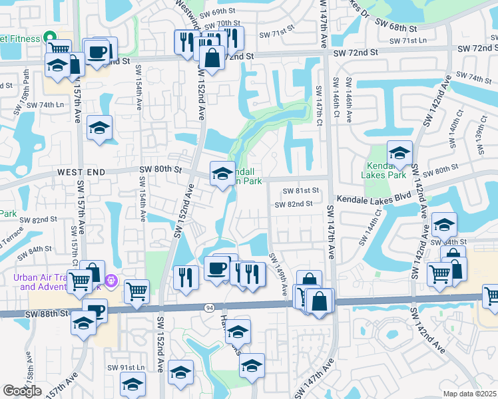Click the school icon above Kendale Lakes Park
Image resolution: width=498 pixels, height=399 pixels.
coord(399,154)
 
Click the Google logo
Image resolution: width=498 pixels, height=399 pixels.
coord(22,391)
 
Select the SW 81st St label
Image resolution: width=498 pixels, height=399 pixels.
coord(302,190)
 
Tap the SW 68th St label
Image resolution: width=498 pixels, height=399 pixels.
coord(396,29)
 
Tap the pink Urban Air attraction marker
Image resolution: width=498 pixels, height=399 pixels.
coord(111,281)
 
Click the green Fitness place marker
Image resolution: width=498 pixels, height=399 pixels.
coord(48,37)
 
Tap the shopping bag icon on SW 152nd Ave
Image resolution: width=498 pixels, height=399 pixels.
coord(212,59)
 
